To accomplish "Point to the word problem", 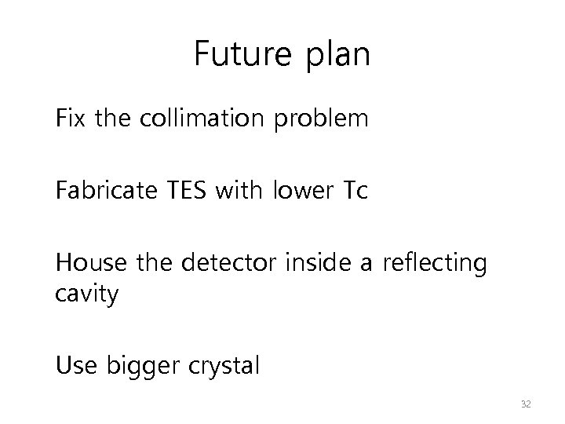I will click(326, 121).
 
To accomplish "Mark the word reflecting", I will click(434, 262).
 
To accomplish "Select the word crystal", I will click(224, 366).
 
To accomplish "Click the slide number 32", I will click(526, 404).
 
